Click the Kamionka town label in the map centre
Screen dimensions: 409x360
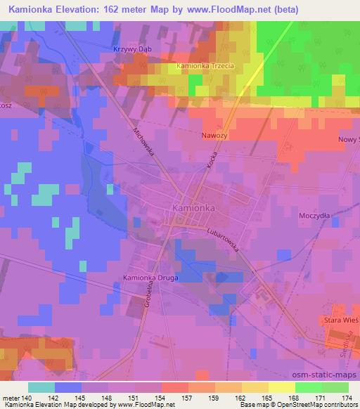(193, 209)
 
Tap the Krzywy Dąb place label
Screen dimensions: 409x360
(132, 48)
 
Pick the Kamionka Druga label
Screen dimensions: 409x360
(150, 278)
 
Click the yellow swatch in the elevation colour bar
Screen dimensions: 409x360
(281, 387)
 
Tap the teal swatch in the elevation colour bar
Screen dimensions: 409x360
(41, 387)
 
